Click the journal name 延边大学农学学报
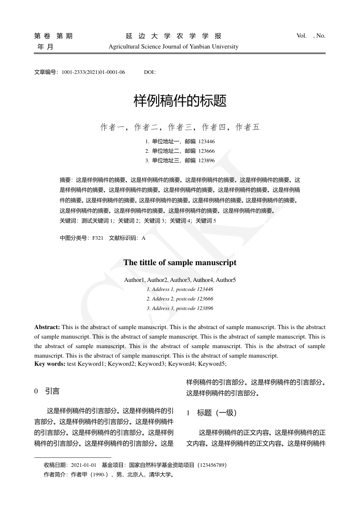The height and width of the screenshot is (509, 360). (x=174, y=36)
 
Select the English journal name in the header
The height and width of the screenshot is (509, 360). (x=174, y=47)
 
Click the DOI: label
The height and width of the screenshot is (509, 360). (x=150, y=72)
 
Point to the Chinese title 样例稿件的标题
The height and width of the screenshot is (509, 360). (x=180, y=101)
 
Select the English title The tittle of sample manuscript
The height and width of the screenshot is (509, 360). (x=180, y=263)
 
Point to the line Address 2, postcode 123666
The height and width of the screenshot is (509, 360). (x=180, y=299)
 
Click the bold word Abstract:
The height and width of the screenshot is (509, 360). (x=47, y=327)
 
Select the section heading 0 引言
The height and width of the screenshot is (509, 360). (x=47, y=391)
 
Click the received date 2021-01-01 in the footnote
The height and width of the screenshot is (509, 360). (x=84, y=465)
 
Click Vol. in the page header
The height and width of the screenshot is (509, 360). (x=302, y=36)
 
